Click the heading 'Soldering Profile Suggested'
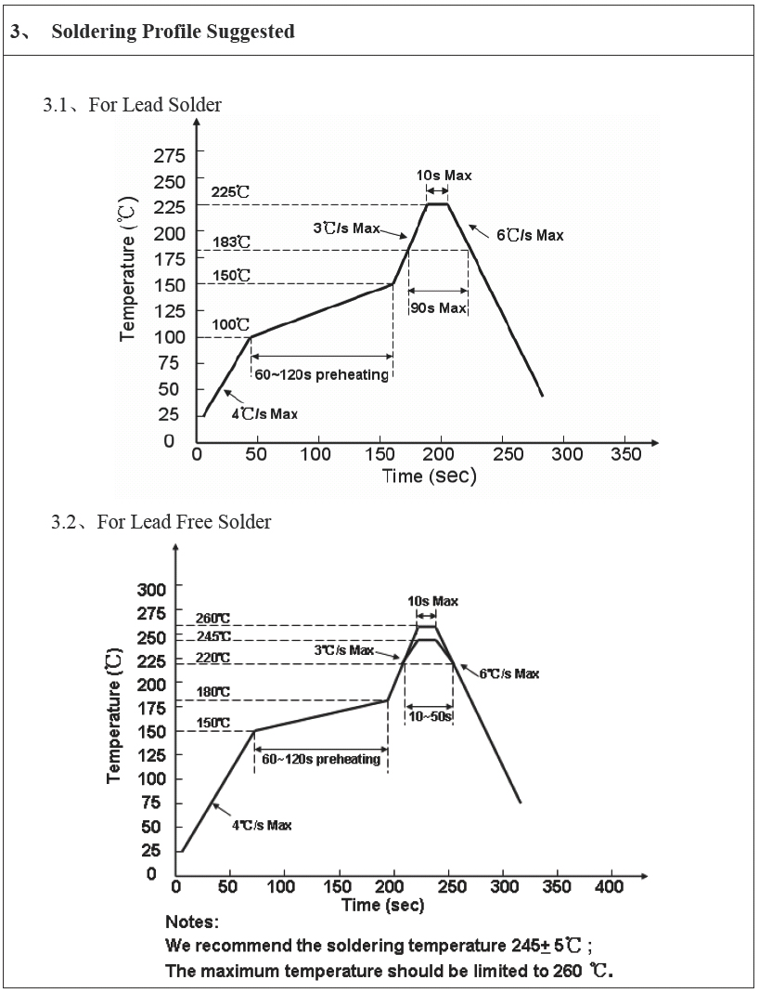pos(173,32)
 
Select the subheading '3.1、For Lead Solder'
pos(132,104)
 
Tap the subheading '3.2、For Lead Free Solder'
pos(161,522)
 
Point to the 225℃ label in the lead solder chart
pos(231,192)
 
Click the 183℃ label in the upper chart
pos(231,242)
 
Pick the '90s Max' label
pos(439,307)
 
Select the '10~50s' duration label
pos(430,716)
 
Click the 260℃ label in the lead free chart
pos(212,619)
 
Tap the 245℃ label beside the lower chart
pos(212,636)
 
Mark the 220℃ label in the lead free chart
pos(212,658)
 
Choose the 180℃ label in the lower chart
pos(212,692)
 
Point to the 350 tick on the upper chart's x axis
pos(627,454)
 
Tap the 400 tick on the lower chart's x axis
pos(610,887)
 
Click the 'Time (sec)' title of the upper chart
pos(430,477)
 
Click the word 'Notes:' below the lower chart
pos(192,922)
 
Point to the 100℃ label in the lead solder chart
pos(231,324)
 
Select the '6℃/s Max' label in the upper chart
pos(530,236)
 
